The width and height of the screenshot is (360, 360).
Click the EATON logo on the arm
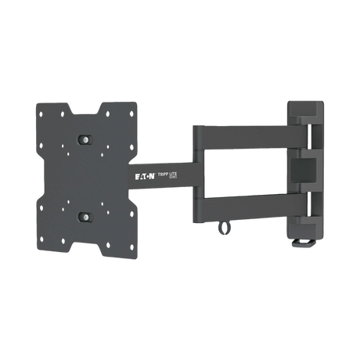(146, 178)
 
